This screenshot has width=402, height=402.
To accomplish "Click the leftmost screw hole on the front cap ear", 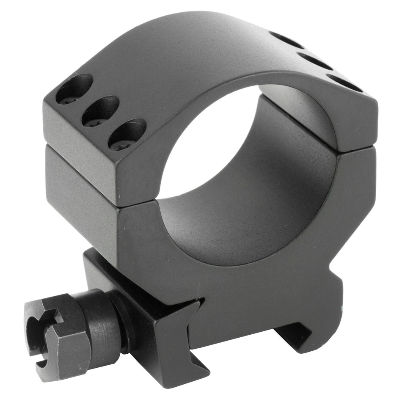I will pyautogui.click(x=74, y=89).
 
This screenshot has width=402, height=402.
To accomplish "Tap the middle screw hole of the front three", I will pyautogui.click(x=100, y=111).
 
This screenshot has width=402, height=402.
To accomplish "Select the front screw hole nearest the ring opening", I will pyautogui.click(x=127, y=134).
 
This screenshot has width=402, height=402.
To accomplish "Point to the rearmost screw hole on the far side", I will pyautogui.click(x=287, y=40).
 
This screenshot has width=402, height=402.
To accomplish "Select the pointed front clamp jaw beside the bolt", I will pyautogui.click(x=186, y=334).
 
